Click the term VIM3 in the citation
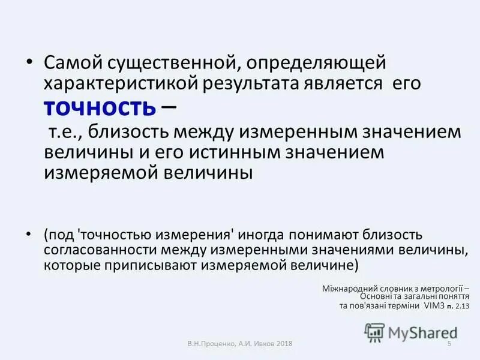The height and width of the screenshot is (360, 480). tap(430, 306)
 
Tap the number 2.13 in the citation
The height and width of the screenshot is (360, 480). tap(462, 306)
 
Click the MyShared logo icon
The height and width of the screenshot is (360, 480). tap(375, 331)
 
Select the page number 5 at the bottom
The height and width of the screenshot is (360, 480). tap(449, 343)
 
